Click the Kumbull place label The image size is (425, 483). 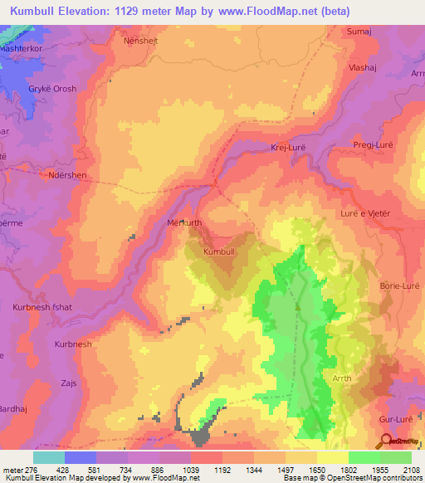pos(220,251)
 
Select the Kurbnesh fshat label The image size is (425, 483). pos(43,307)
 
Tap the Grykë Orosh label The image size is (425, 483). pos(53,89)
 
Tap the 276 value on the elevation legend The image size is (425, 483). pos(32,471)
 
